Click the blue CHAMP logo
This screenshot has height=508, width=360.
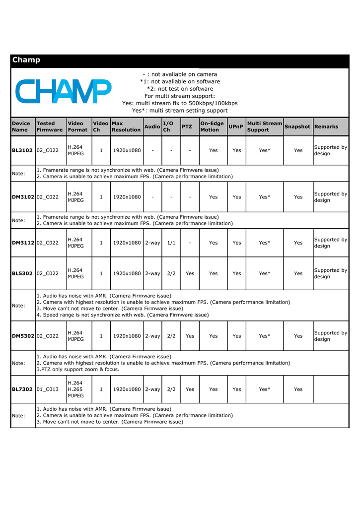(64, 92)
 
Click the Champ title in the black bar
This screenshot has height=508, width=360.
(26, 60)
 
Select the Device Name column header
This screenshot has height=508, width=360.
(21, 127)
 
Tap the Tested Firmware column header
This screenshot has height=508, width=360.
(50, 127)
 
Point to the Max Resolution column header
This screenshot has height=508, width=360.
(126, 127)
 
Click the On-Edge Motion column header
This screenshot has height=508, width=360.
(212, 127)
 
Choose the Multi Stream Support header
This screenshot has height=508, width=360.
(264, 127)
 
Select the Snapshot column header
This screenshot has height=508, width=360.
(297, 127)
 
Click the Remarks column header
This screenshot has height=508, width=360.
(326, 127)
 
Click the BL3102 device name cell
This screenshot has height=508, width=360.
(22, 150)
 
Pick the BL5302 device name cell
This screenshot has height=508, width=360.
(22, 273)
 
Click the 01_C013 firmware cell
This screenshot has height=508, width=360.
(48, 389)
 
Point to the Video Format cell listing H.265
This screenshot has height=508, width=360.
(75, 389)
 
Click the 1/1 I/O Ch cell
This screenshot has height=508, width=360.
(171, 243)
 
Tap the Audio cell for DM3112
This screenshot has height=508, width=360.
(152, 243)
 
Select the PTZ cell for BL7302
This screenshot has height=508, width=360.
(190, 389)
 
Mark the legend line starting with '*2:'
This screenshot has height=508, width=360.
(180, 89)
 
